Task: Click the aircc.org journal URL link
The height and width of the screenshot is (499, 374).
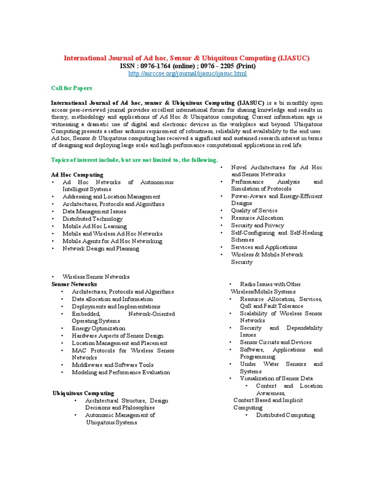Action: click(187, 74)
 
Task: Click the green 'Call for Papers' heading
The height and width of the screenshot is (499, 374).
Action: click(72, 88)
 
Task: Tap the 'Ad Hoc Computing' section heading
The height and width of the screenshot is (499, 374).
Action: click(77, 174)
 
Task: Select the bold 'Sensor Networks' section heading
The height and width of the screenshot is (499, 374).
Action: click(74, 284)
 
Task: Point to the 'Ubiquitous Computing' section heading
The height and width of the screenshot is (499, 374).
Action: click(83, 393)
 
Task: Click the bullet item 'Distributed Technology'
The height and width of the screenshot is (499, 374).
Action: click(93, 219)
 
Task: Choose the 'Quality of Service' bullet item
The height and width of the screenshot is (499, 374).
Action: click(254, 211)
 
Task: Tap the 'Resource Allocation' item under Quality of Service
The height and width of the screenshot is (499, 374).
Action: click(257, 218)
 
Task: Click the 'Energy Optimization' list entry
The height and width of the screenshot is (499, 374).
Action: click(98, 328)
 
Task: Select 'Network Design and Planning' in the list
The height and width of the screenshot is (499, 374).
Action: click(101, 249)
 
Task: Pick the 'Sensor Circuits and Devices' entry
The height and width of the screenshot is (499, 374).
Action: click(276, 342)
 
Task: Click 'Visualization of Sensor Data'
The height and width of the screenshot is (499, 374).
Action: click(276, 378)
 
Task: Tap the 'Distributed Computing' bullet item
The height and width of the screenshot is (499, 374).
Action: click(285, 415)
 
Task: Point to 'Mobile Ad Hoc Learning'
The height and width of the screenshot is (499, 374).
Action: click(94, 226)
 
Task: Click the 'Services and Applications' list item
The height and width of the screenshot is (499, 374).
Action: click(264, 247)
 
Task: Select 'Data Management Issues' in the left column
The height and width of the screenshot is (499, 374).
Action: click(94, 211)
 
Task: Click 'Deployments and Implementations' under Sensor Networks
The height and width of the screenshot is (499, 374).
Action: click(116, 307)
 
